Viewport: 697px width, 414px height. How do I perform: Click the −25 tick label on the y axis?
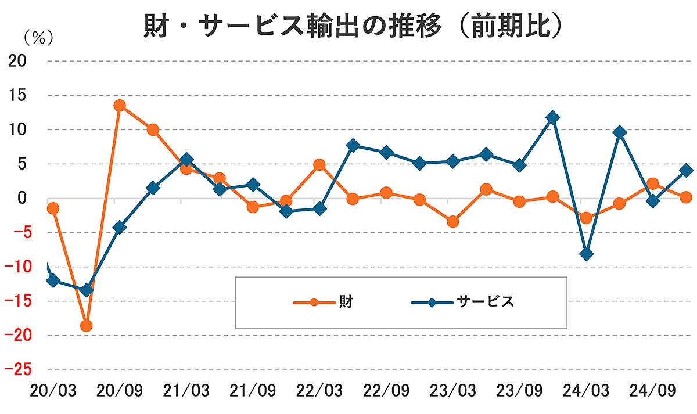pos(19,370)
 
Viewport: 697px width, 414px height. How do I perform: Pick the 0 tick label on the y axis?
pos(23,199)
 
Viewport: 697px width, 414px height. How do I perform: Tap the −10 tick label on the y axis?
pos(19,267)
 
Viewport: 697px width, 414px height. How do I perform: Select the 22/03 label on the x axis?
pos(318,390)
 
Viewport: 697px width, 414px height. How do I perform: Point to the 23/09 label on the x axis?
pos(519,390)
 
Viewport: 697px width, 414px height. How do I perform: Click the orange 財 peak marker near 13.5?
pos(120,106)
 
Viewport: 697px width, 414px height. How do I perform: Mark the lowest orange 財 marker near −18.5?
pos(86,326)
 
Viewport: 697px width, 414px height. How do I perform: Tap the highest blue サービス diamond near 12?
pos(552,117)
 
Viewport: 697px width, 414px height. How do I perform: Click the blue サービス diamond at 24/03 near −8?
pos(586,254)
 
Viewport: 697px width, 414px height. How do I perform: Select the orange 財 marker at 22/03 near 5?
pos(319,165)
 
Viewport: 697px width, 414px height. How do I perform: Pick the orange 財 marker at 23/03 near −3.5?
pos(452,222)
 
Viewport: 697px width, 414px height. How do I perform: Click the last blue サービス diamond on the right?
pos(686,170)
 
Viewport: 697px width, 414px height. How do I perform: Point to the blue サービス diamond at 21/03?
pos(186,160)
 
